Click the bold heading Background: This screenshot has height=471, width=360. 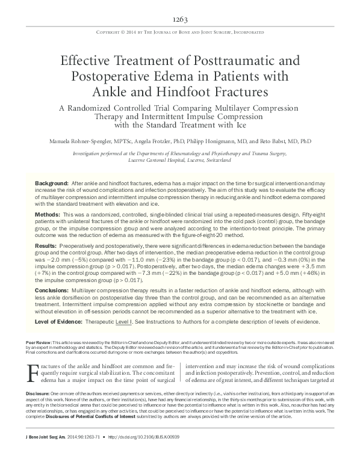52,182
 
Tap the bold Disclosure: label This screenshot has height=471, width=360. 42,410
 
